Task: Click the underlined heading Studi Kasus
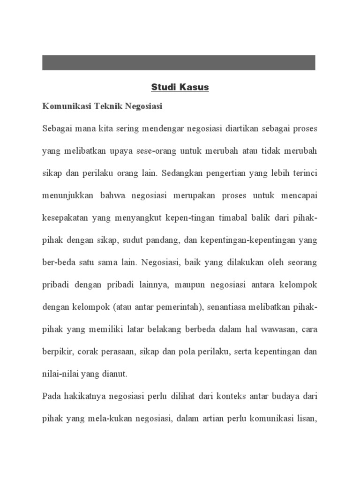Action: [180, 88]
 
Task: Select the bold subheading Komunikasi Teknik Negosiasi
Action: [102, 107]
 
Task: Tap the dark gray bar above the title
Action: [179, 63]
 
